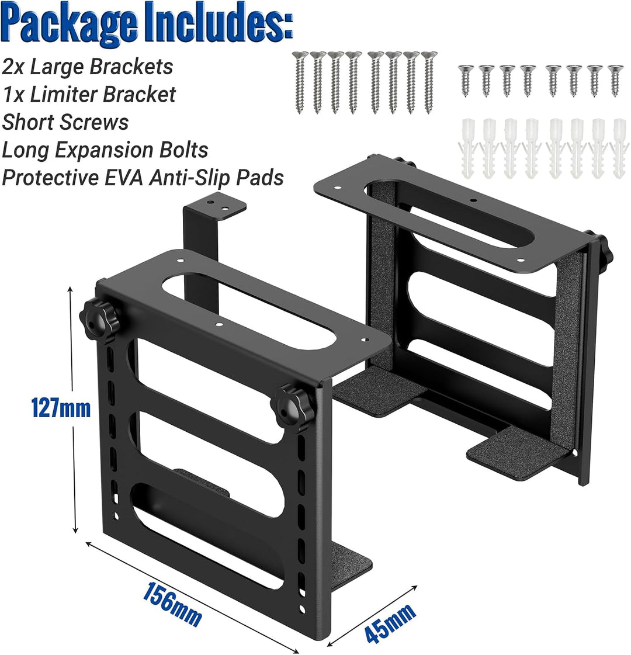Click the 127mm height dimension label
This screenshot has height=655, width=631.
pos(61,408)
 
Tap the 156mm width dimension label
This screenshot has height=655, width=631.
pos(172,604)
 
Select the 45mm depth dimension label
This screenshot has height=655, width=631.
pos(390,622)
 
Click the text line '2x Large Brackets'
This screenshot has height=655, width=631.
pos(87,67)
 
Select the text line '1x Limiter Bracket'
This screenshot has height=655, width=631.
pos(89,95)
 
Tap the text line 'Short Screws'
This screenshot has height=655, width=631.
pos(65,122)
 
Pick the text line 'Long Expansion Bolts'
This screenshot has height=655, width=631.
pos(105,150)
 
